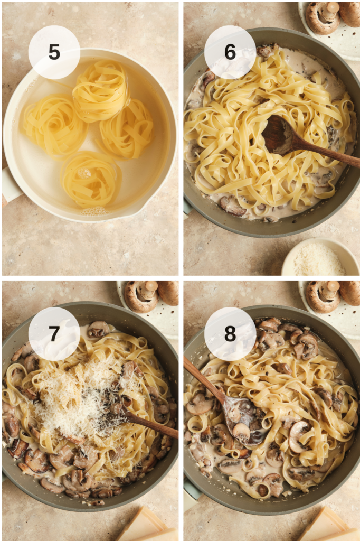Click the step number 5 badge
pyautogui.click(x=54, y=52)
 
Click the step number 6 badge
pyautogui.click(x=230, y=52)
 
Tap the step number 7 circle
pyautogui.click(x=54, y=333)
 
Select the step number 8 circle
pyautogui.click(x=230, y=333)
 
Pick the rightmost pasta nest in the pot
pyautogui.click(x=127, y=129)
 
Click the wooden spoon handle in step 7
pyautogui.click(x=153, y=425)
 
